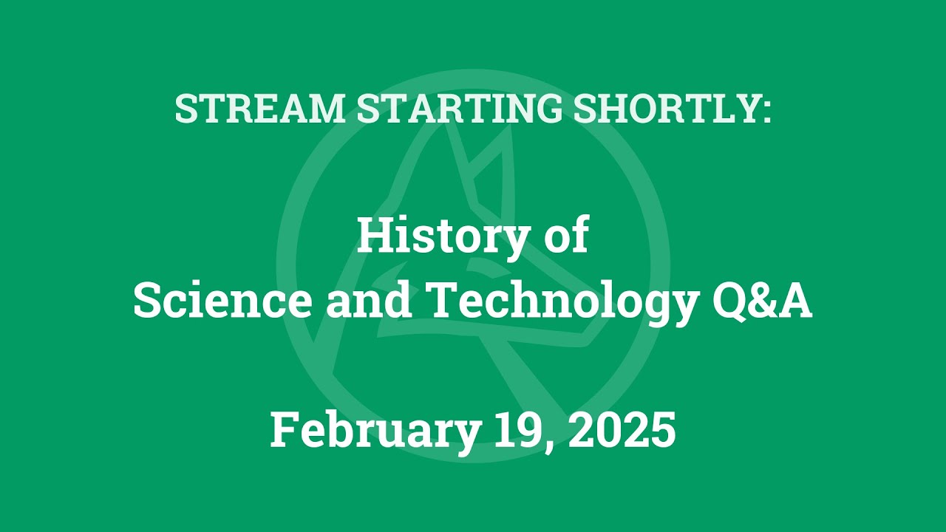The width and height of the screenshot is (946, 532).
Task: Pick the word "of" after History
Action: point(566,238)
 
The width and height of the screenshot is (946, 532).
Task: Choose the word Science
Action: point(222,302)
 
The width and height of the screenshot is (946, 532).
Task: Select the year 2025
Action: point(622,430)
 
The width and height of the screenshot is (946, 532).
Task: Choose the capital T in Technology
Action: point(446,302)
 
